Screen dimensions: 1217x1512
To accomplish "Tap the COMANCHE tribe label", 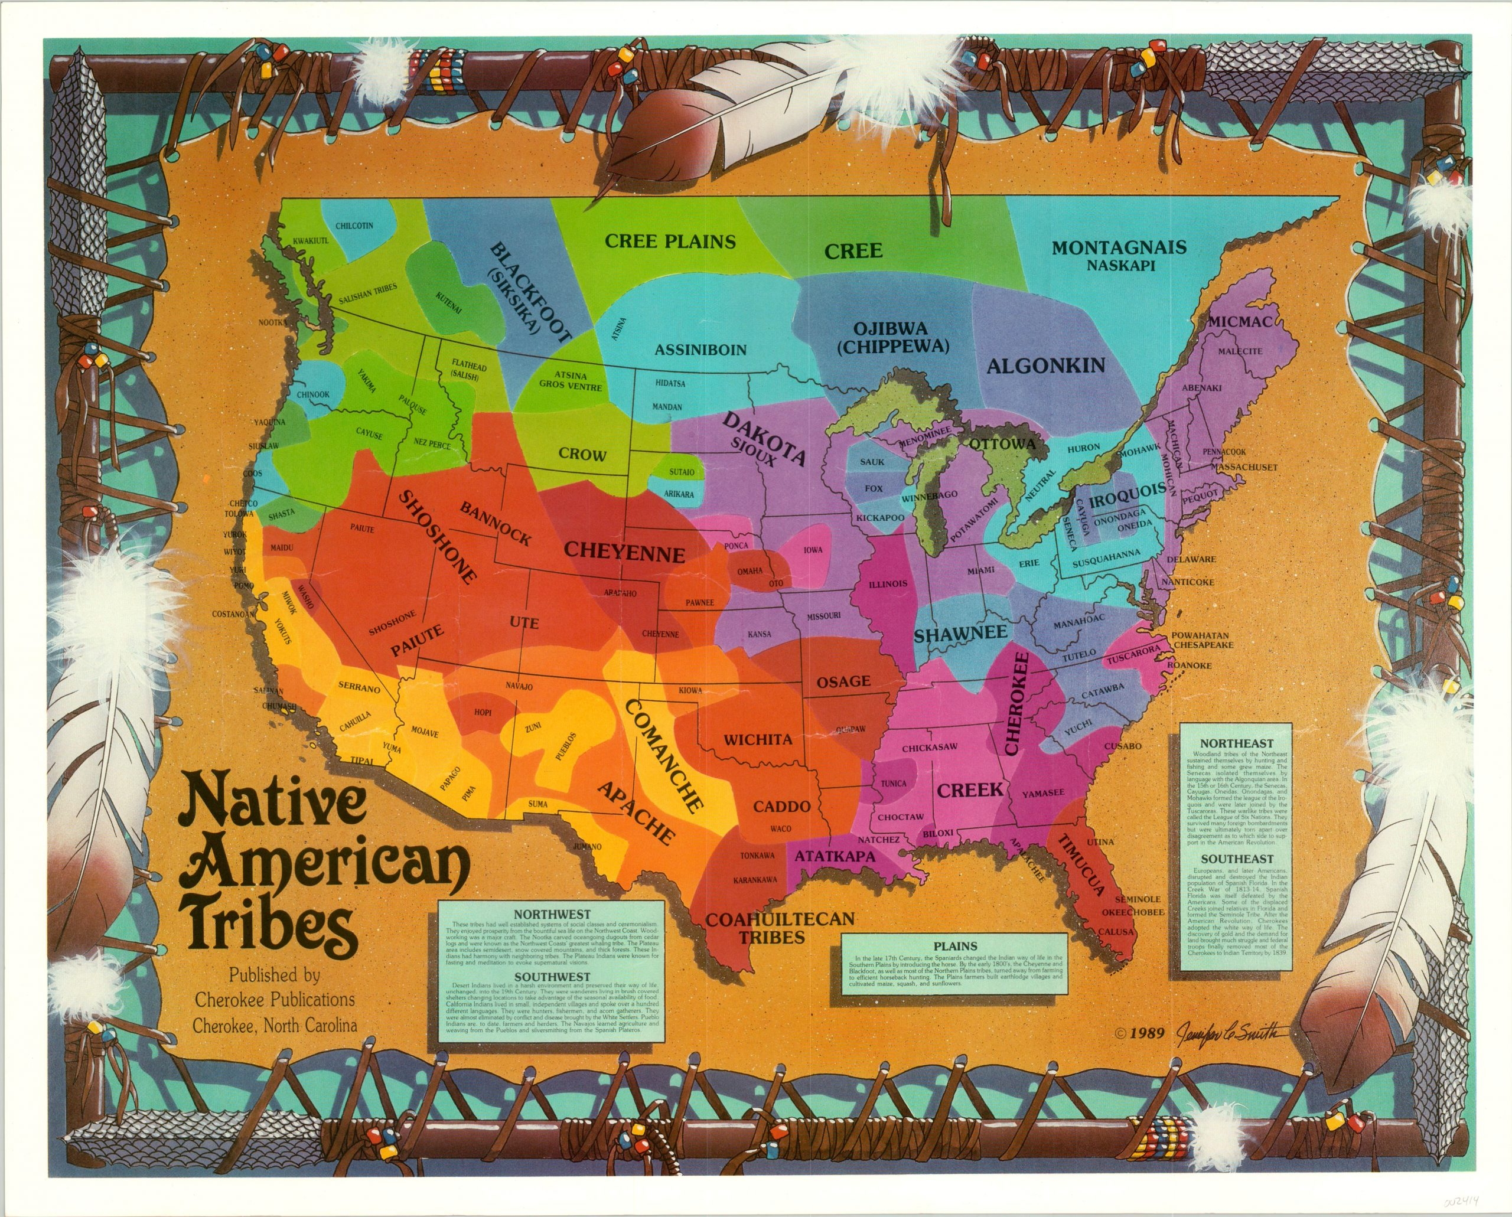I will coord(662,756).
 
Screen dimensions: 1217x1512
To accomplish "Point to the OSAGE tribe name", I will coord(843,681).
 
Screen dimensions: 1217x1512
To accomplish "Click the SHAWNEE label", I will coord(960,633).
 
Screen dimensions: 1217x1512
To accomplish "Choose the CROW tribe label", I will coord(582,454).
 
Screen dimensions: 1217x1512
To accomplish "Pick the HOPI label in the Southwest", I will coord(483,712).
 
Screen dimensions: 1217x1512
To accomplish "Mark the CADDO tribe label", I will coord(781,806).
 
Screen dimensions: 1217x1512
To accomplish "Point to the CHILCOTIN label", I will coord(354,226).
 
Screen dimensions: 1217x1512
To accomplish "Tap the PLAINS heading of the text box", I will coord(956,946).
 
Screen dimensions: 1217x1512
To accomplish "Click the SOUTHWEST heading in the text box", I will coord(552,977).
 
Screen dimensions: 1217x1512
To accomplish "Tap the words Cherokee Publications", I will coord(275,1000).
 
